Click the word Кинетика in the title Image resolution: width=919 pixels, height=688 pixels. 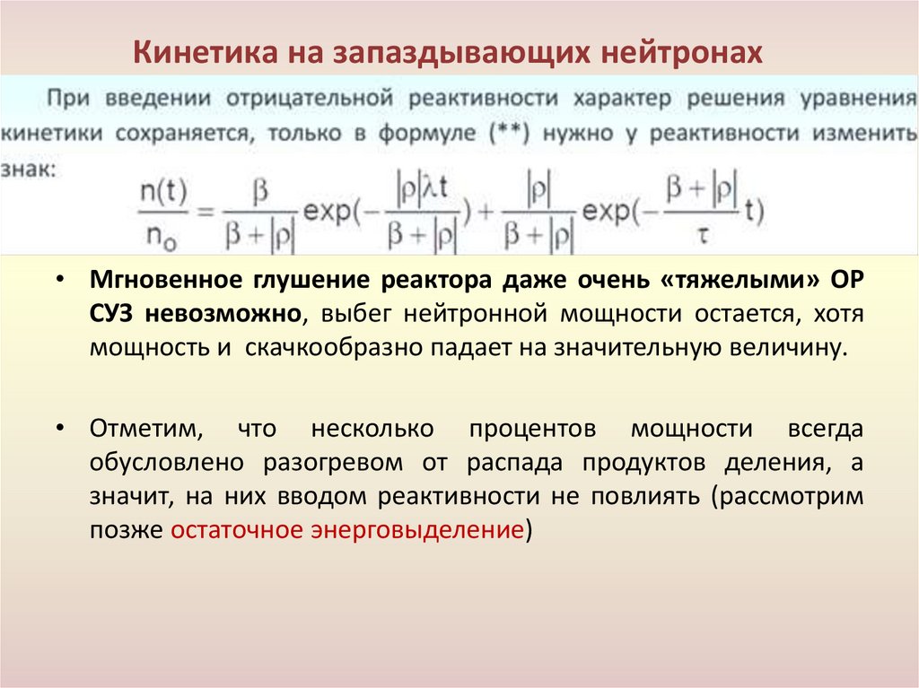[x=191, y=52]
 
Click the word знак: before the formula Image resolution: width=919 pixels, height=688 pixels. [x=26, y=167]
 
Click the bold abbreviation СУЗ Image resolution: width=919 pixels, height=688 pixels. [x=111, y=313]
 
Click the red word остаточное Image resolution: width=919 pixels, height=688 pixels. [x=236, y=529]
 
